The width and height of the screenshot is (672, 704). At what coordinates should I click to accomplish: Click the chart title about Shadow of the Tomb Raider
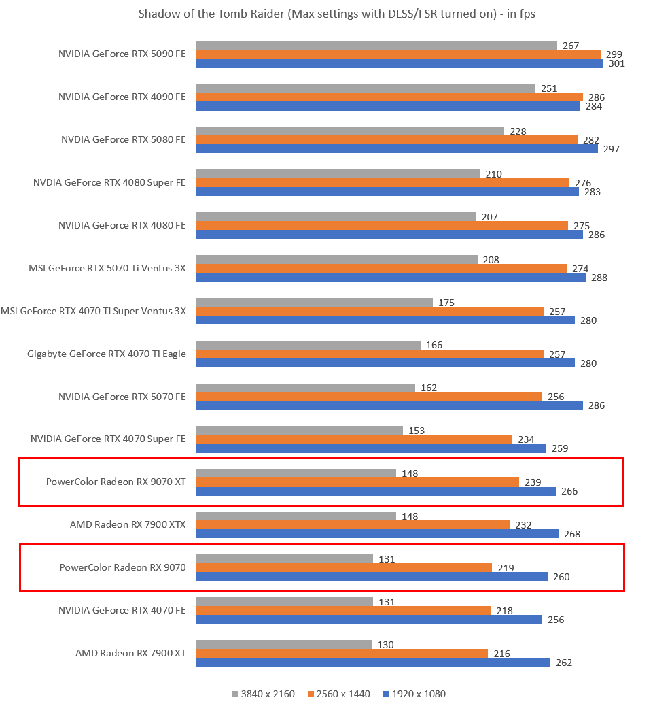tap(336, 14)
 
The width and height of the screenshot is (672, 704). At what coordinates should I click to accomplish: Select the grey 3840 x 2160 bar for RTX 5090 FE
tap(376, 46)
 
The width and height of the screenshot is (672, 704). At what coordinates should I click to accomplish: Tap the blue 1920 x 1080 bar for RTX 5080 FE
tap(397, 149)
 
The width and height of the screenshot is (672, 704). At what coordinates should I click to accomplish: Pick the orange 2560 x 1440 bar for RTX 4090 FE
tap(389, 97)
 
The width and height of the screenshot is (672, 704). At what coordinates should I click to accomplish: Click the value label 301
tap(617, 64)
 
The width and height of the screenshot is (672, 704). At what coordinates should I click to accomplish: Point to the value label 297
tap(612, 149)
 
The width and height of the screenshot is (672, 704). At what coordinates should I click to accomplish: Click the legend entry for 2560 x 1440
tap(339, 694)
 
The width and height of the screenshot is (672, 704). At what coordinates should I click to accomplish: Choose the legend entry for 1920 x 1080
tap(414, 694)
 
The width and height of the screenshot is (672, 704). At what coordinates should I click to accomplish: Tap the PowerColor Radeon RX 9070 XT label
tap(116, 482)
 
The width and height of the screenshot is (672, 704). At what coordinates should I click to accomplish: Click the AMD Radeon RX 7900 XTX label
tap(128, 524)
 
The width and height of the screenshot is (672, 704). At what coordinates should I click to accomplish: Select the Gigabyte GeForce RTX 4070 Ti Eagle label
tap(107, 354)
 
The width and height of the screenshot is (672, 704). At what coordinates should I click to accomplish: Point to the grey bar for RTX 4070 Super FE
tap(299, 431)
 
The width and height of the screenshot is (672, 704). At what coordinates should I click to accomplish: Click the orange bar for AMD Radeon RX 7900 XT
tap(342, 654)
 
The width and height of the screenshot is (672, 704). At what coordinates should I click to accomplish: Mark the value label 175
tap(446, 303)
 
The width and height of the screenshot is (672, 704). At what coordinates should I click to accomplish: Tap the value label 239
tap(533, 482)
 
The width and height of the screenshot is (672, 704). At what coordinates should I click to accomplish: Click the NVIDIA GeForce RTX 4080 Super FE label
tap(109, 182)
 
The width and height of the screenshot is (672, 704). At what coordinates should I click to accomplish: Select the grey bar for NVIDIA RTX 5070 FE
tap(305, 388)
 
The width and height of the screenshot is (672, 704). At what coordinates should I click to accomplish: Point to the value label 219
tap(506, 568)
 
